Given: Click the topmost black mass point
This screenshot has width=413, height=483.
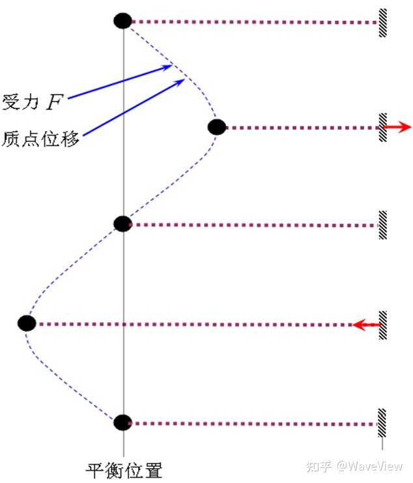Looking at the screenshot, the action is pos(122,21).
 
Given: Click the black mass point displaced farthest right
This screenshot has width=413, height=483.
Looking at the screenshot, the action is pos(217,127).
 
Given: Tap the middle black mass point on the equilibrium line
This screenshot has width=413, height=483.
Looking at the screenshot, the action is pos(122,224).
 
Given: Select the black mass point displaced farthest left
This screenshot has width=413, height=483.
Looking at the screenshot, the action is pos(26,323).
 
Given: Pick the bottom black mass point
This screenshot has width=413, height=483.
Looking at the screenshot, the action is pos(122,422).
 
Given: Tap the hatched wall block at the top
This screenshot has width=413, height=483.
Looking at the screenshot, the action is pos(383,22).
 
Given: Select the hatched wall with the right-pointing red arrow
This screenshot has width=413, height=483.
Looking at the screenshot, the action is pos(383,127).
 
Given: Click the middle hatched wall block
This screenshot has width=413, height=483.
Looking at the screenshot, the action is pos(383,225).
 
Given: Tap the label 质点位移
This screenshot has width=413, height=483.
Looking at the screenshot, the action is pos(40,138).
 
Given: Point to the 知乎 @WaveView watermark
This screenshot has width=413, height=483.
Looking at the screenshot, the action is pos(354,467).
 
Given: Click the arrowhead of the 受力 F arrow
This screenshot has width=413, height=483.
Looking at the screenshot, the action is pos(168,66).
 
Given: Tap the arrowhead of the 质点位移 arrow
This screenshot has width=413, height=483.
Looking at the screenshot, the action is pos(180,81).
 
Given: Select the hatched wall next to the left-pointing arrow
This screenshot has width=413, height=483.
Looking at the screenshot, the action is pos(383,324).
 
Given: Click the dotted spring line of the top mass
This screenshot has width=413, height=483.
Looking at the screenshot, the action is pos(254,22).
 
